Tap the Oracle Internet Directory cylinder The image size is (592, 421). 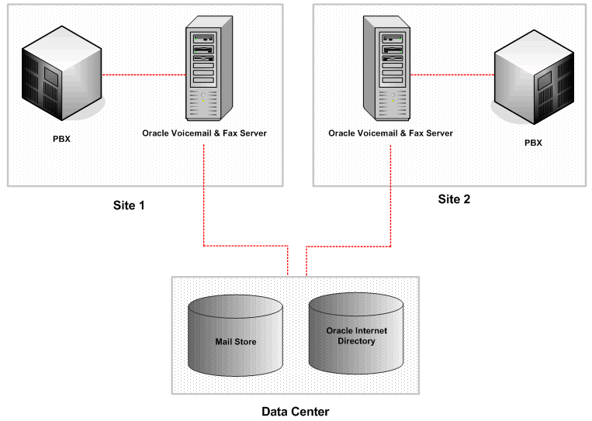(x=356, y=333)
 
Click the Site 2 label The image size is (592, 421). (x=454, y=198)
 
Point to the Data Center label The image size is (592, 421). (x=295, y=411)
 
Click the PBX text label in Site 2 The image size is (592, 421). (x=533, y=143)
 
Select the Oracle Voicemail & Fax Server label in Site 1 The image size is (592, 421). (x=204, y=133)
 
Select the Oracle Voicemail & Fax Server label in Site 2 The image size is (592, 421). (x=390, y=133)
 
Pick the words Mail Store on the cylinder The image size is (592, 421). (x=235, y=341)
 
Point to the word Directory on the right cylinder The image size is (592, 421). (x=356, y=341)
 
